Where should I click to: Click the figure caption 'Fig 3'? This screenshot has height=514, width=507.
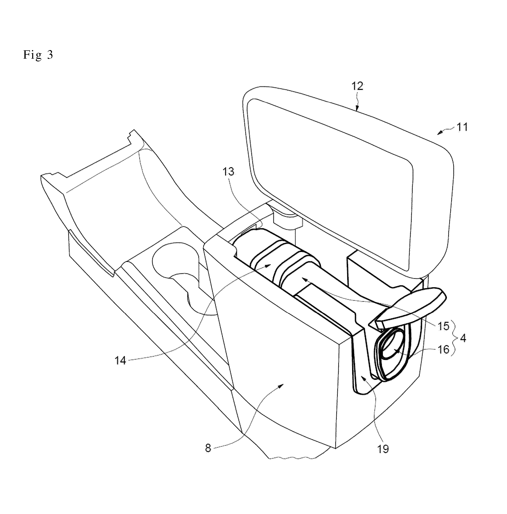tap(38, 55)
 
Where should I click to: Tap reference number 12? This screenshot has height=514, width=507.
tap(358, 87)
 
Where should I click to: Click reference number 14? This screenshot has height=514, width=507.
tap(120, 361)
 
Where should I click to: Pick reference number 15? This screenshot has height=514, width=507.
tap(443, 326)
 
